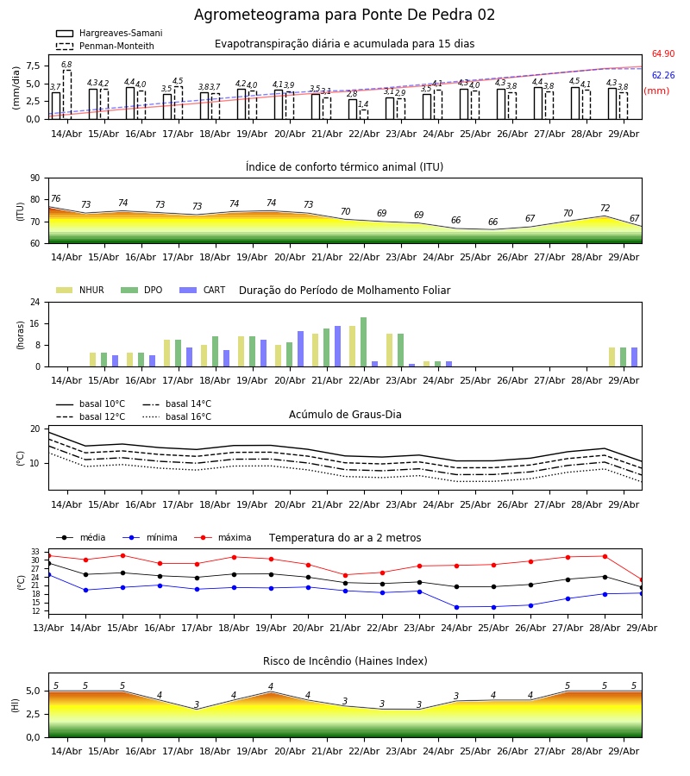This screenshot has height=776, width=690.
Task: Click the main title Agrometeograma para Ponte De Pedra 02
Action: point(344,15)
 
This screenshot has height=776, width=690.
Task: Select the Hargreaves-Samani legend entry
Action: point(109,33)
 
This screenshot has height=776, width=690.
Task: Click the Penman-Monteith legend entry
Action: point(105,46)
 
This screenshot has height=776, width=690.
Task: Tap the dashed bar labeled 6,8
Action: point(67,95)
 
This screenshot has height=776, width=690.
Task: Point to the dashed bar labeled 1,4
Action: point(364,115)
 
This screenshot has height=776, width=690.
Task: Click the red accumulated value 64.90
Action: point(663,53)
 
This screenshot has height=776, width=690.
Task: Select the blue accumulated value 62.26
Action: point(663,75)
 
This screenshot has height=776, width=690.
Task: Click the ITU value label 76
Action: point(55,198)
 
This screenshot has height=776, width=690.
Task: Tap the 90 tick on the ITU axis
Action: point(35,178)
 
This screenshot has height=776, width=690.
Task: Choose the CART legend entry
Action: point(203,290)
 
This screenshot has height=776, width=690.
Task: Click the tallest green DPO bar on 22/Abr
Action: point(364,342)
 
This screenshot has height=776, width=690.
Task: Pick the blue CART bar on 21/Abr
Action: point(337,347)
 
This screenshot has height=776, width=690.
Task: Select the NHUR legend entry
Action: point(80,290)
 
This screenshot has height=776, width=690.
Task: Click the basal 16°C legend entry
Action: point(177,416)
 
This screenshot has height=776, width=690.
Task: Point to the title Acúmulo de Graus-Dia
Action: point(345,414)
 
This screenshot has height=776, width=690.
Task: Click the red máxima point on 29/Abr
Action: point(642,580)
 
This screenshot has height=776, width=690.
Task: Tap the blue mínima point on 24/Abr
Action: point(456,607)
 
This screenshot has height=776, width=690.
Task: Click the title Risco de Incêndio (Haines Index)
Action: point(345,661)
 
